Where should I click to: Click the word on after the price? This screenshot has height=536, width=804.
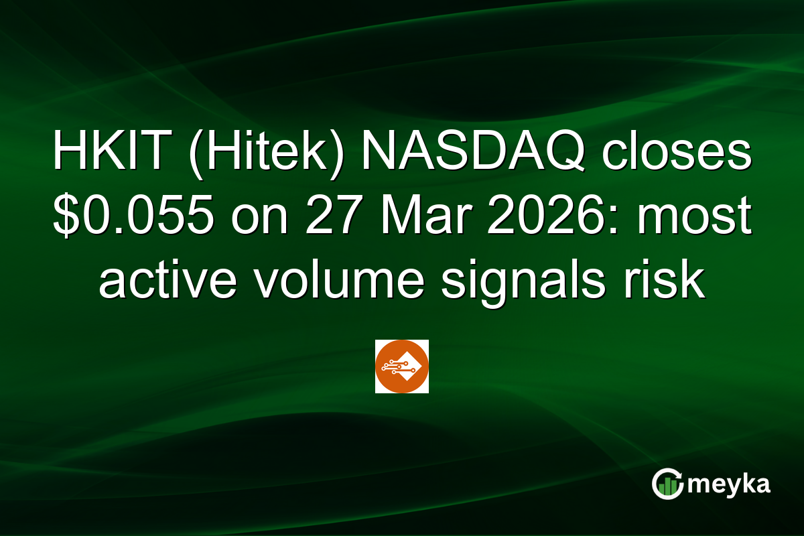point(259,219)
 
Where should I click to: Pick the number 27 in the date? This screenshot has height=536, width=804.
point(330,219)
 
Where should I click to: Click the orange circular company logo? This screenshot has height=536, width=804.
point(401,366)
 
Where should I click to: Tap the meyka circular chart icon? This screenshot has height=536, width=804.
point(667,484)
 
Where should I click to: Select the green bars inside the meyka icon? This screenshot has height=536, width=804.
point(667,488)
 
